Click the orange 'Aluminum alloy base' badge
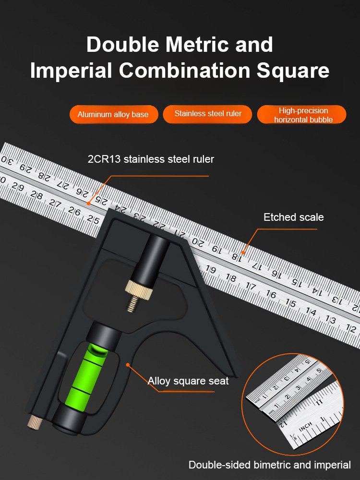tap(113, 114)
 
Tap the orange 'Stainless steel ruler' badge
tap(207, 114)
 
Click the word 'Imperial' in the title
tap(71, 70)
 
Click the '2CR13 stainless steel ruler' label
tap(151, 159)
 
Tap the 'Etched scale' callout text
tap(293, 217)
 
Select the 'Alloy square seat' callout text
tap(188, 381)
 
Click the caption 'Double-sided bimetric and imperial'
tap(269, 465)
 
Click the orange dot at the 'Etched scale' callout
tap(244, 251)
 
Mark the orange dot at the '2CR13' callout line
tap(88, 204)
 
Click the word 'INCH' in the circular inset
tap(306, 426)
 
